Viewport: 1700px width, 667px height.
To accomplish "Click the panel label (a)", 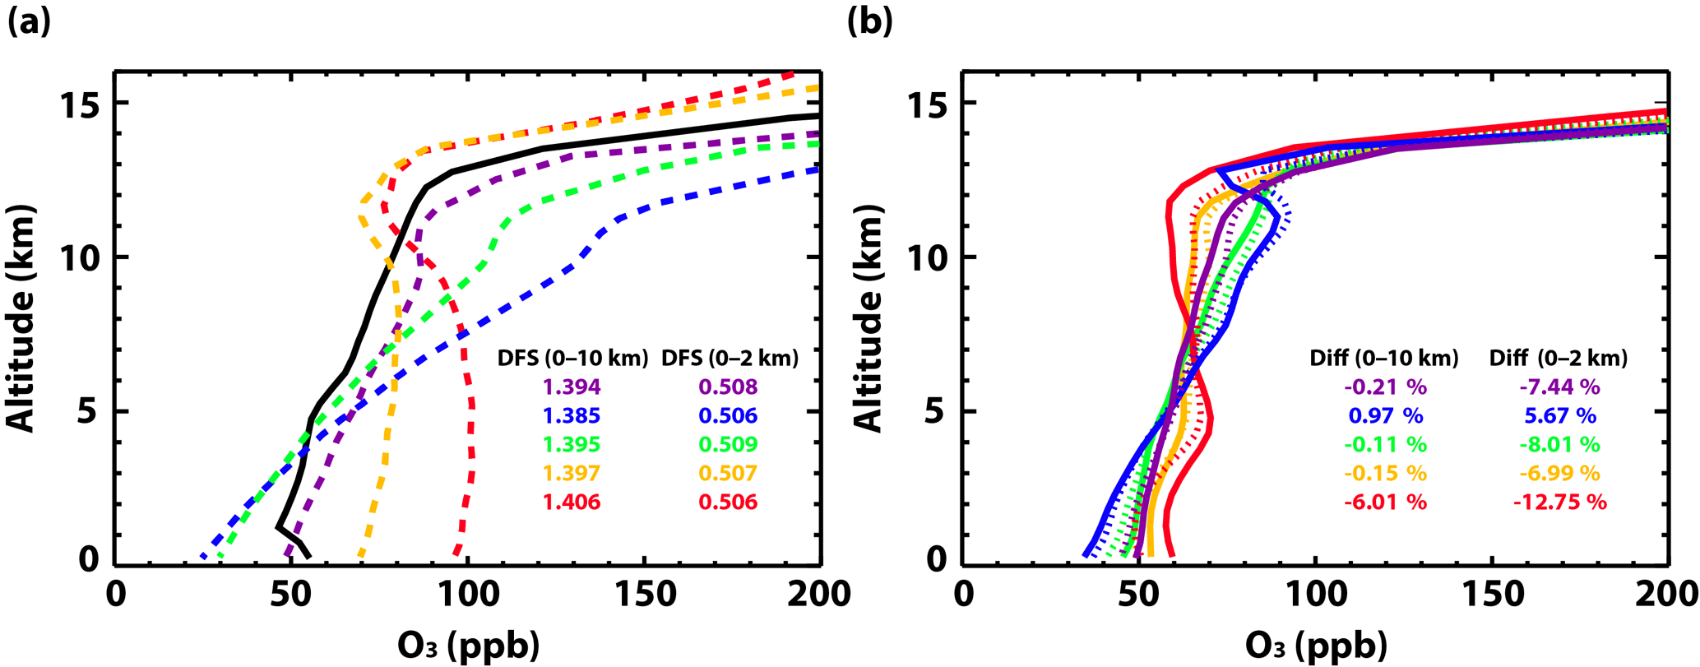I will tap(30, 22).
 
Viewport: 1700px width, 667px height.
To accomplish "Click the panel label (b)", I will tap(869, 22).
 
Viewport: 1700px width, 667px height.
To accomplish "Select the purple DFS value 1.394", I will tap(571, 387).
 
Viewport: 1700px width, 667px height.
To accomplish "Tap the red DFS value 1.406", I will tap(571, 502).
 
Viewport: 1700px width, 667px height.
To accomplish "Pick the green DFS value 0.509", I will tap(728, 444).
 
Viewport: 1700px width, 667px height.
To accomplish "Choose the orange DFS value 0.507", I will tap(728, 473).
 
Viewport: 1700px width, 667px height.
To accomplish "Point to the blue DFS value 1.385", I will tap(571, 415).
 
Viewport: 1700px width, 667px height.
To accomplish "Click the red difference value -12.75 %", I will tap(1559, 502).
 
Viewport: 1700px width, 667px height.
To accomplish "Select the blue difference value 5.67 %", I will tap(1559, 415).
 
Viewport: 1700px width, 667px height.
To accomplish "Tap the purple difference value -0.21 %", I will tap(1386, 387).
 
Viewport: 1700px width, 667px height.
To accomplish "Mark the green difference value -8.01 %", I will tap(1559, 444).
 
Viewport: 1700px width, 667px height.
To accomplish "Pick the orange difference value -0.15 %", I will tap(1386, 473).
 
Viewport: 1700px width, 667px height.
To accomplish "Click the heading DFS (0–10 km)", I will tap(572, 359).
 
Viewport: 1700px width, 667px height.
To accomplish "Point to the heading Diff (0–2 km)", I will tap(1559, 359).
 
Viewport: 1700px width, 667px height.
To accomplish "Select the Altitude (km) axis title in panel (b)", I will tap(868, 317).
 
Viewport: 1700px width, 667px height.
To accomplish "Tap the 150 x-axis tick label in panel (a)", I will tap(643, 594).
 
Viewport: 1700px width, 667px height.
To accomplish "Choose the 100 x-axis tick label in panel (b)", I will tap(1315, 594).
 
